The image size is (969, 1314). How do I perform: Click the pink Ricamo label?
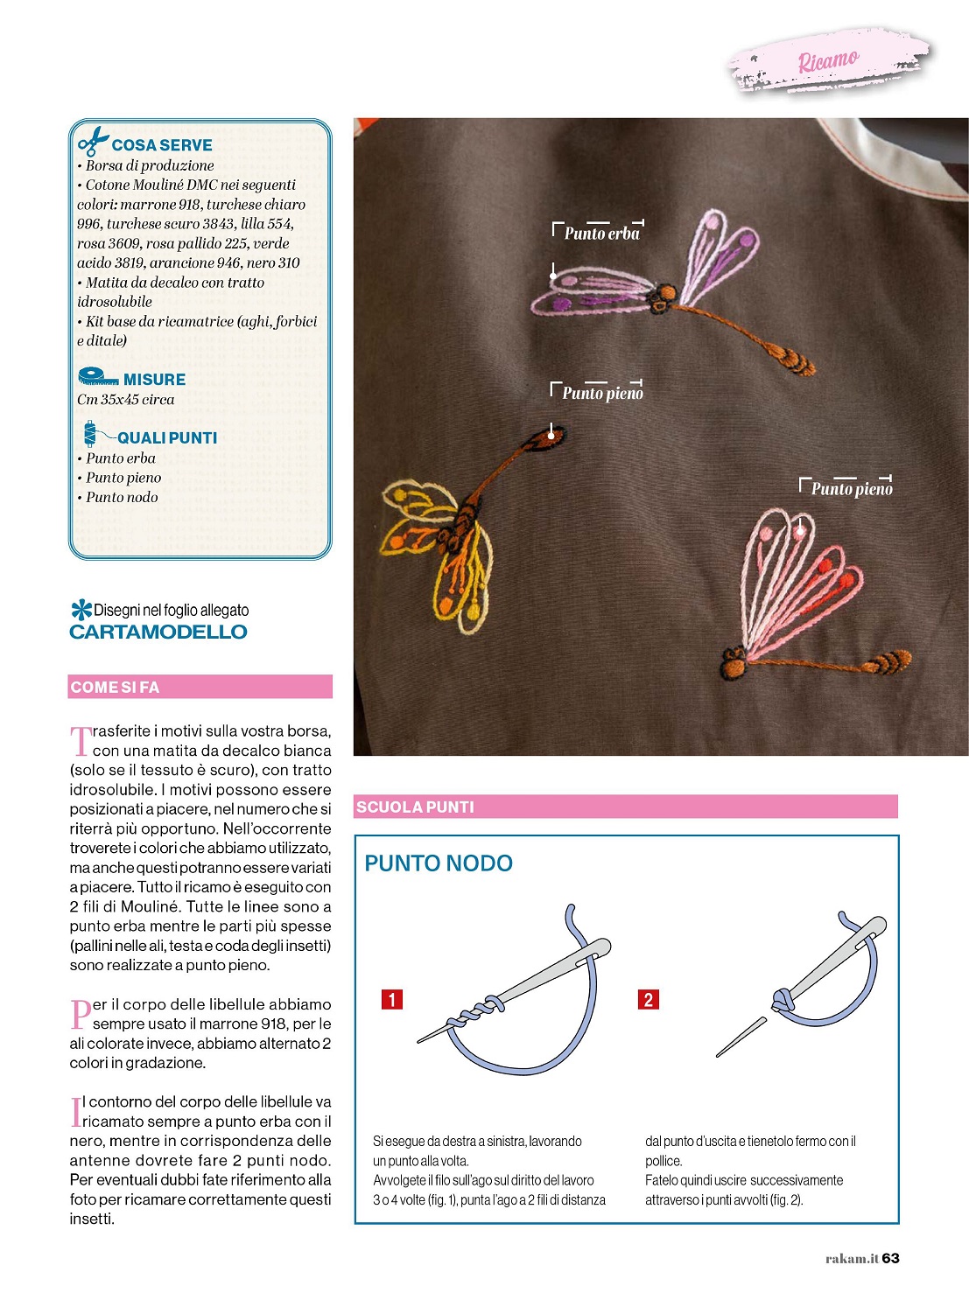point(827,60)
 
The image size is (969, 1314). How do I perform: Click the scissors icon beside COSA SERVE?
point(92,141)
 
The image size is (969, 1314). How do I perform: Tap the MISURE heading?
point(154,380)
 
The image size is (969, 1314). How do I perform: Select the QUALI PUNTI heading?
point(167,438)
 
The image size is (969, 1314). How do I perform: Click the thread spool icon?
point(90,434)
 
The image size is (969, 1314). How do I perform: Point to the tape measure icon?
point(96,377)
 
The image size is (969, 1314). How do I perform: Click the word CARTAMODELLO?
point(158,633)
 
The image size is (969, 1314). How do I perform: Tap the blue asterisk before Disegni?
point(81,610)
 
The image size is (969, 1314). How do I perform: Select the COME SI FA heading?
point(115,688)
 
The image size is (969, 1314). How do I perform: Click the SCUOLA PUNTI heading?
point(415,807)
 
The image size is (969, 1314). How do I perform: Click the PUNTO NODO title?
point(439,863)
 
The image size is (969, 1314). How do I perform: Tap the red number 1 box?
point(392,999)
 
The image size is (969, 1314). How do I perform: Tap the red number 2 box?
point(649,999)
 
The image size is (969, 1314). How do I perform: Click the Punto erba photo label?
point(601,234)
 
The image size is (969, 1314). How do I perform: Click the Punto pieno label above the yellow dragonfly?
point(602,394)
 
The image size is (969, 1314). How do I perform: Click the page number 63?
point(890,1258)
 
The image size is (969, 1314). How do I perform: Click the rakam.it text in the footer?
point(851,1259)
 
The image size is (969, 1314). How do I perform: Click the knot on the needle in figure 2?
point(782,998)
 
